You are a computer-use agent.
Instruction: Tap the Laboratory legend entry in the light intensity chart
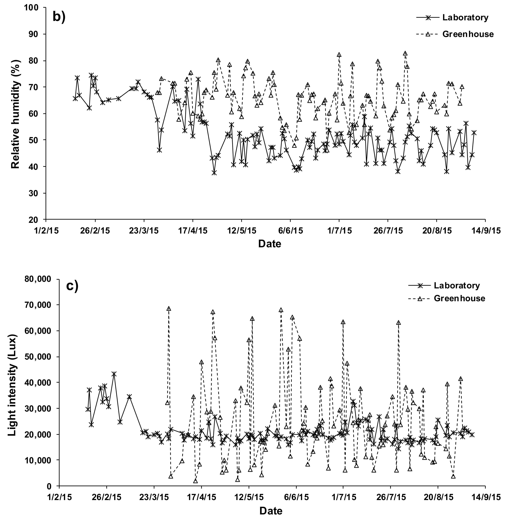tap(457, 285)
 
